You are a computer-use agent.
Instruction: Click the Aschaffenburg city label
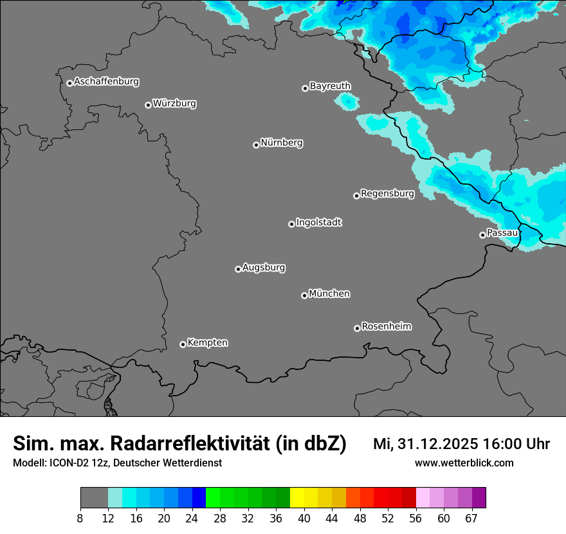(106, 82)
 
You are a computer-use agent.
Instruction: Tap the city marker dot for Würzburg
(148, 105)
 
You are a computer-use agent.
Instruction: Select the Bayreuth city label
(330, 86)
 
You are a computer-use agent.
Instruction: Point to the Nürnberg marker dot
(256, 145)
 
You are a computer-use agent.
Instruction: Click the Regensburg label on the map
(387, 193)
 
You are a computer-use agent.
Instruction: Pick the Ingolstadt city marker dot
(291, 224)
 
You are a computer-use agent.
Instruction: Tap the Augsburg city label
(264, 267)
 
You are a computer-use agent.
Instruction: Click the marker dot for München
(304, 295)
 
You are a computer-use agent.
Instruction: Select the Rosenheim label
(386, 326)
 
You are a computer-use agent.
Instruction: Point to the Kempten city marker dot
(183, 344)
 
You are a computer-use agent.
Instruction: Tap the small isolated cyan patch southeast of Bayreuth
(347, 101)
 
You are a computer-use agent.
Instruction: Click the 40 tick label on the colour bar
(304, 519)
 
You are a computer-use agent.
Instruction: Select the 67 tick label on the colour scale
(471, 519)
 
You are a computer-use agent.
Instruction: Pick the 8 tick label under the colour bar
(80, 519)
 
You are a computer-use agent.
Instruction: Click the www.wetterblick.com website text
(464, 463)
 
